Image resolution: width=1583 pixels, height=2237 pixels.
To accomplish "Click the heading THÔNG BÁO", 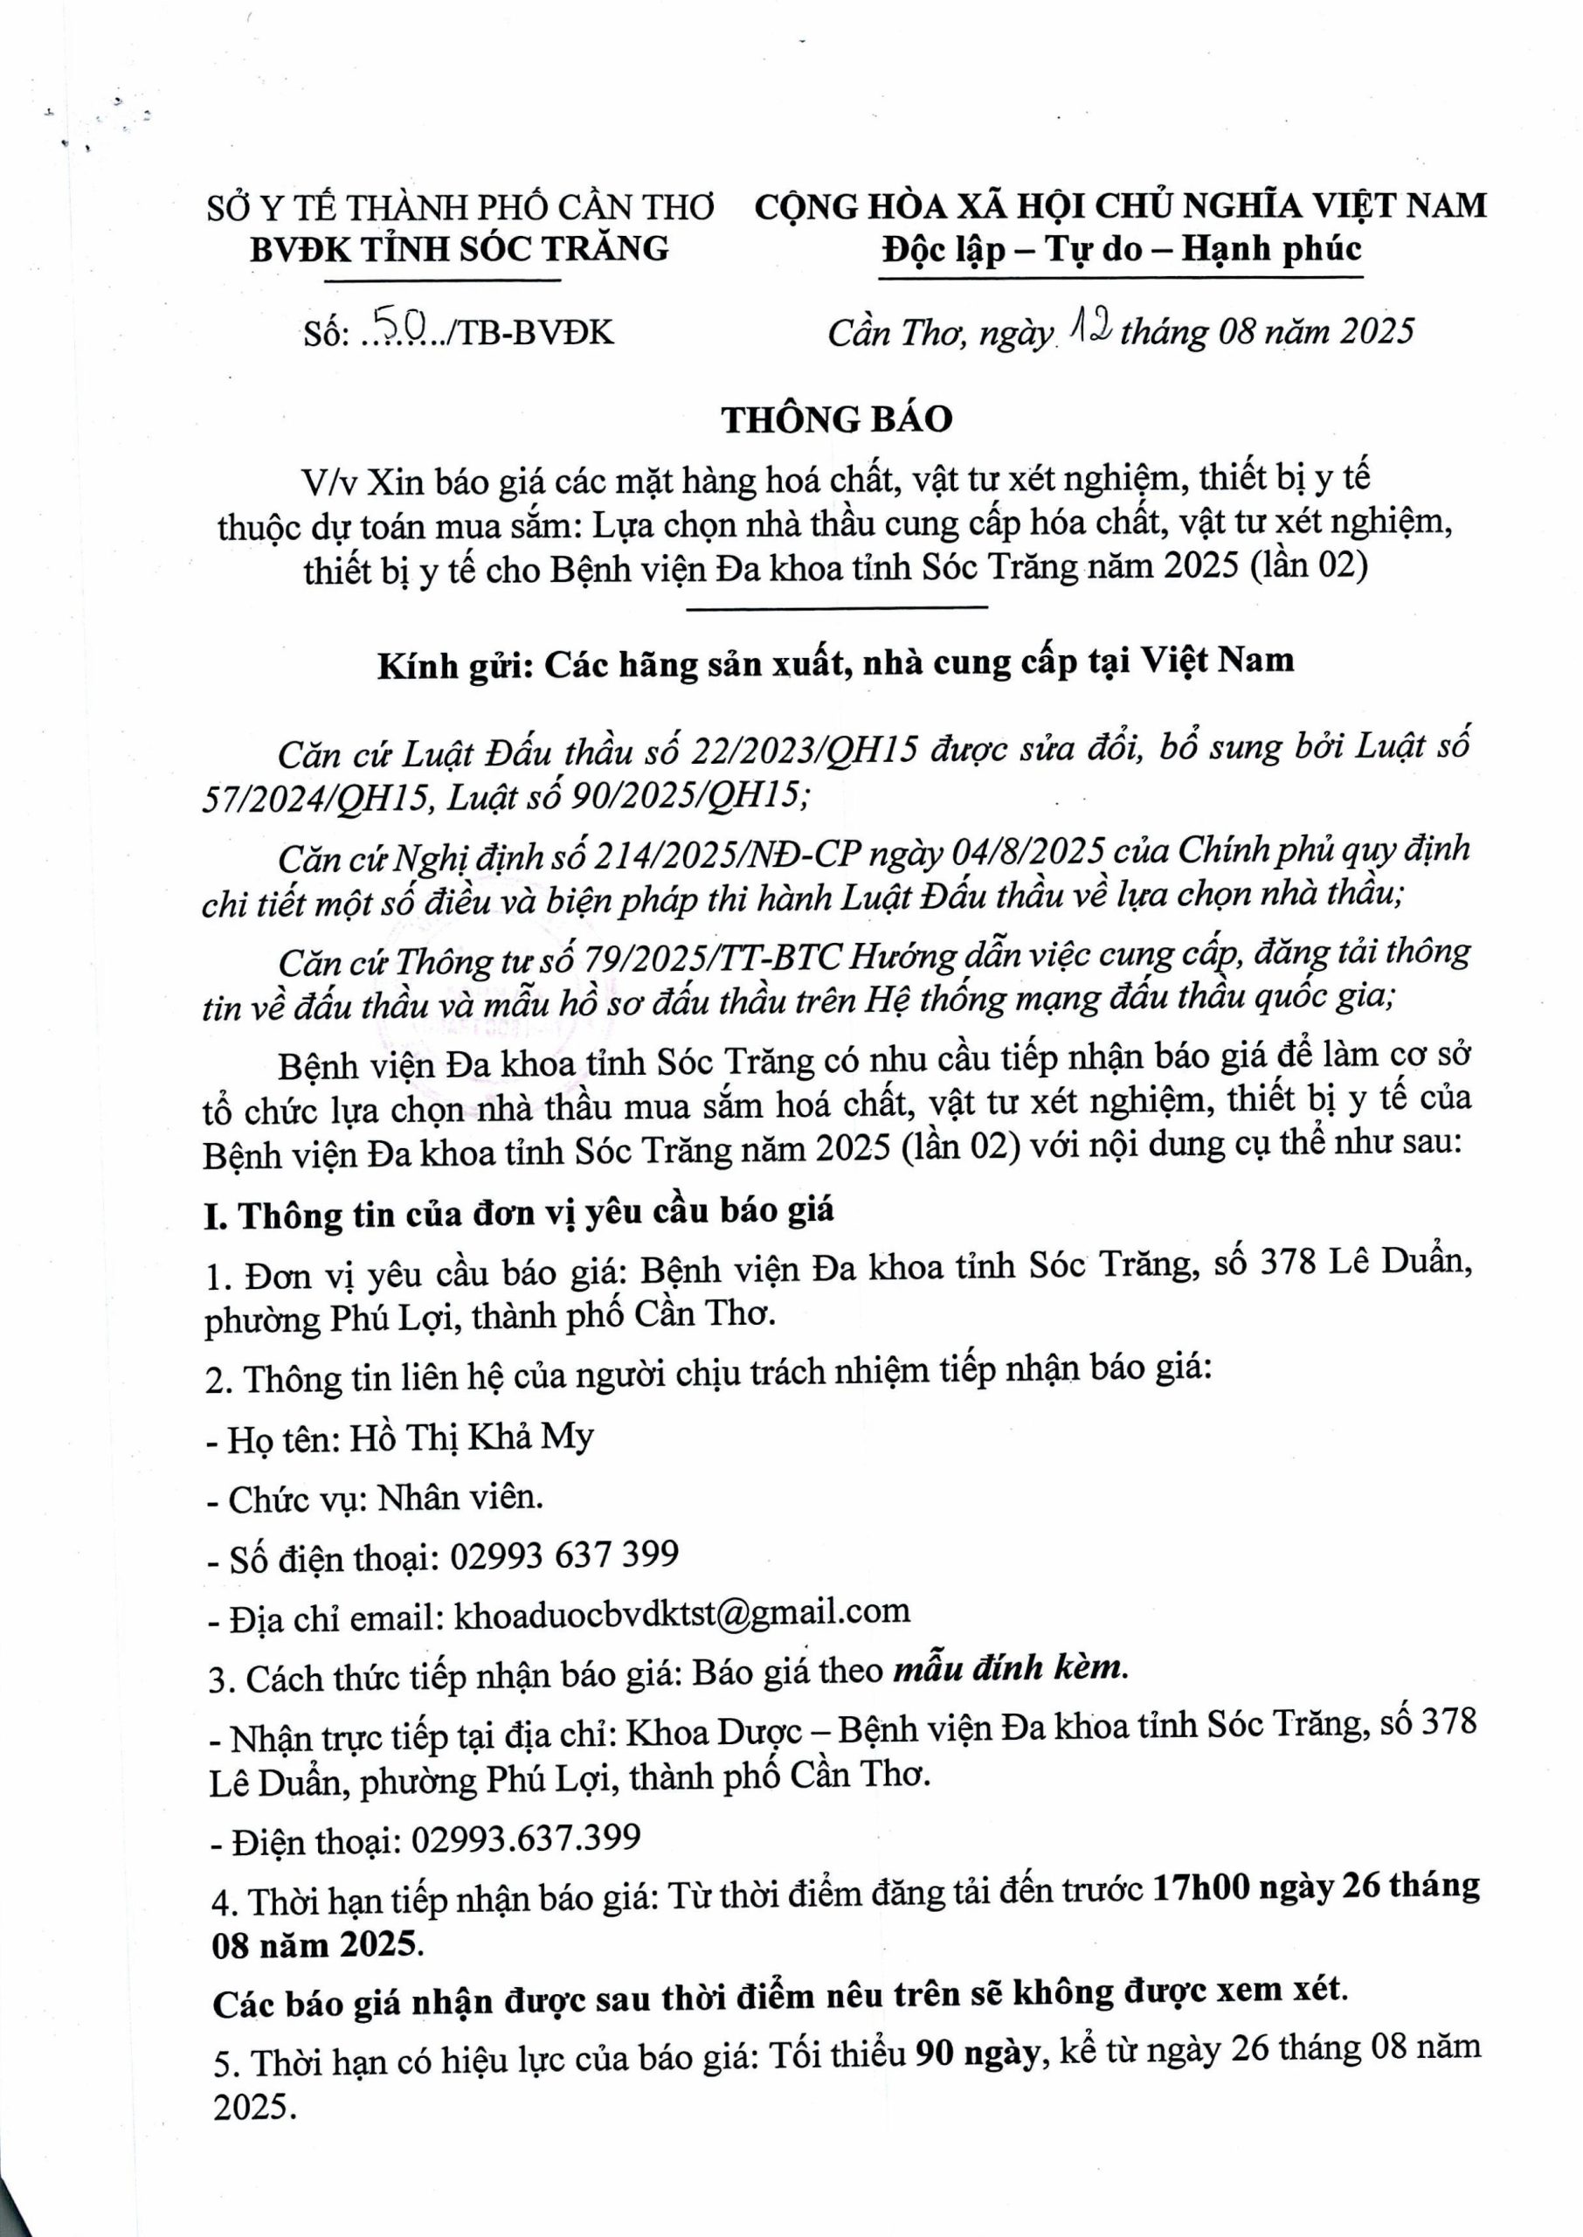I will (836, 419).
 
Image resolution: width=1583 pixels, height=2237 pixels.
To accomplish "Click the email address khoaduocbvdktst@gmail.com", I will (681, 1612).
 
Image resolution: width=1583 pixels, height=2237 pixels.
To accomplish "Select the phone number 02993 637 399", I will (563, 1554).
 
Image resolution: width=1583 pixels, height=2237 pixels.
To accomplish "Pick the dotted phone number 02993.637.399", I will (527, 1839).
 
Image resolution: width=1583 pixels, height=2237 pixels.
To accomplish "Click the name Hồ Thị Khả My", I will (471, 1437).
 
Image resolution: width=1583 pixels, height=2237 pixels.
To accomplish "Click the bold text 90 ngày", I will (976, 2053).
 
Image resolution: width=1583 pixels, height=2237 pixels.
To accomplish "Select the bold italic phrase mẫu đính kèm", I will (1010, 1668).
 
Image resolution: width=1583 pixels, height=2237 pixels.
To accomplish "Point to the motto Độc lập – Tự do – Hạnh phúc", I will (1121, 250).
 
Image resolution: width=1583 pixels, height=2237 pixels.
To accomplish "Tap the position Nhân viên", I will (460, 1496).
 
